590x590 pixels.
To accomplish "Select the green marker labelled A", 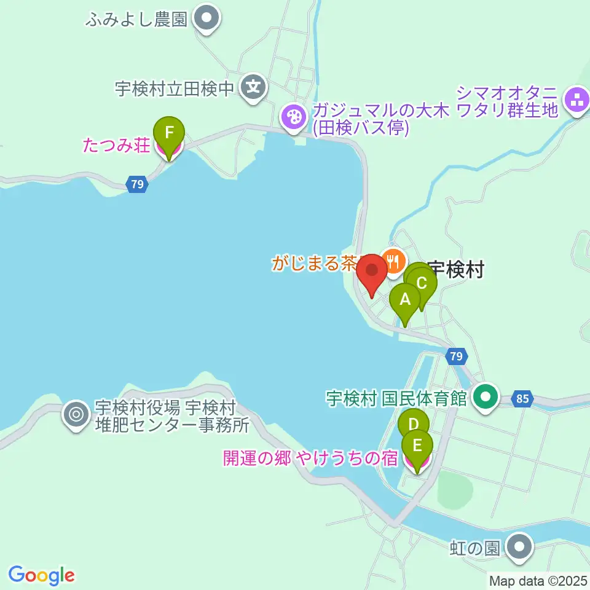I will coord(405,301).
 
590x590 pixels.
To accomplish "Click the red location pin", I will coord(372,271).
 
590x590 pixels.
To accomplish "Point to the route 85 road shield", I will coord(522,399).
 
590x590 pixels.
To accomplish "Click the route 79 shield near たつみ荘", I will coord(137,184).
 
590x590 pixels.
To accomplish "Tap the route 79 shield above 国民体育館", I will coord(455,356).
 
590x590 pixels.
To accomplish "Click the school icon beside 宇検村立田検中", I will coord(253,88).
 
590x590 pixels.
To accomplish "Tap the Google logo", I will coord(42,575).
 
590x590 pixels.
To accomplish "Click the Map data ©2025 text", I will coord(538,580).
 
